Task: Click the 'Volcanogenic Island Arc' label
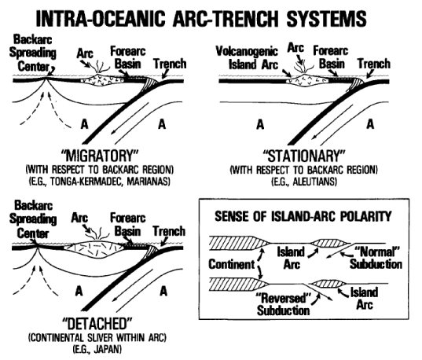point(249,57)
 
